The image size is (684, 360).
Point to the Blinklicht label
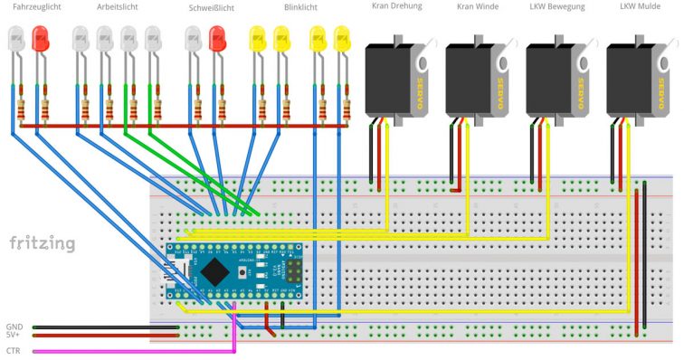(300, 7)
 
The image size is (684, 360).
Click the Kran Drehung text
(397, 7)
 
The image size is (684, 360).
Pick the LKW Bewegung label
(556, 7)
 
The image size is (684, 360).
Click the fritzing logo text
(43, 243)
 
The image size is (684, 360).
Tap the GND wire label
(14, 326)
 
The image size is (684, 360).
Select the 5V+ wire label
(14, 335)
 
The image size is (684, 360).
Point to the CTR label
(14, 350)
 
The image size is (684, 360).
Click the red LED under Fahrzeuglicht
(40, 38)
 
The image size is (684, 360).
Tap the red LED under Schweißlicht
(217, 38)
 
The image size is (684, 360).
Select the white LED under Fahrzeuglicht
(16, 38)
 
